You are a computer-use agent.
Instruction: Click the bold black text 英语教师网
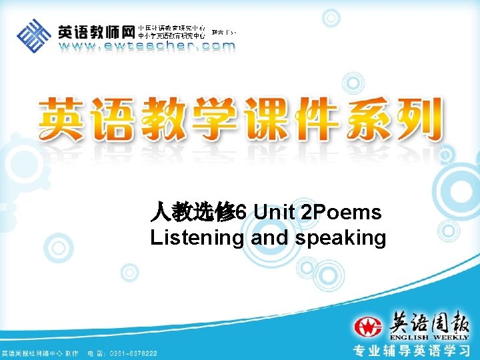[96, 32]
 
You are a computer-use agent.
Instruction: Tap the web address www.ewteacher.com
[147, 47]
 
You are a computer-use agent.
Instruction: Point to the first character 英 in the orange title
[63, 119]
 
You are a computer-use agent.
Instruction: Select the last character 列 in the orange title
[416, 119]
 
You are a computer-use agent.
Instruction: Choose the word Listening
[197, 238]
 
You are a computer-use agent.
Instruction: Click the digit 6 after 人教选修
[241, 213]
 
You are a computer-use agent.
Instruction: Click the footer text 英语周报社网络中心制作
[40, 353]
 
